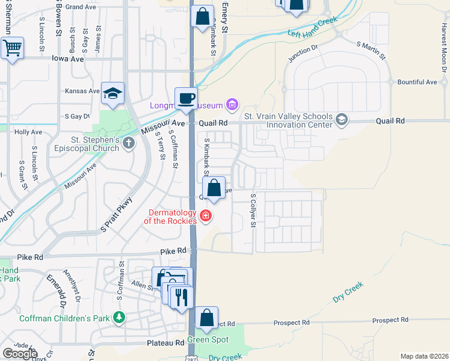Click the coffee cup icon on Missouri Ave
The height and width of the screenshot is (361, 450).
(x=186, y=98)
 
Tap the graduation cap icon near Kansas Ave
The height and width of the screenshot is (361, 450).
(x=112, y=93)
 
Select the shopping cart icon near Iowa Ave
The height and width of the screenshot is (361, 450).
(x=12, y=48)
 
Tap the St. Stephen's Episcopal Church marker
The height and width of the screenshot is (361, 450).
(x=128, y=143)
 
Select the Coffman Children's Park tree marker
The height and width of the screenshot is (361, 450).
(x=120, y=317)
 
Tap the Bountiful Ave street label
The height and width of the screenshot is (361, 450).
(x=418, y=82)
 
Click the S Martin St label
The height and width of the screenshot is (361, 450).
(x=371, y=50)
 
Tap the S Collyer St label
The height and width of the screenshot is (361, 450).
(x=253, y=211)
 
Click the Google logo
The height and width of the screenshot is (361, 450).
(x=19, y=353)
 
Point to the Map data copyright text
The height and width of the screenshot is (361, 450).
(x=424, y=356)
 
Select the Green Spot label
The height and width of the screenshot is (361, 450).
(x=208, y=339)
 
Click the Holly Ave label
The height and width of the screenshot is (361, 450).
(x=28, y=132)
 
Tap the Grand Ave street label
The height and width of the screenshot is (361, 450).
(x=82, y=7)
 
